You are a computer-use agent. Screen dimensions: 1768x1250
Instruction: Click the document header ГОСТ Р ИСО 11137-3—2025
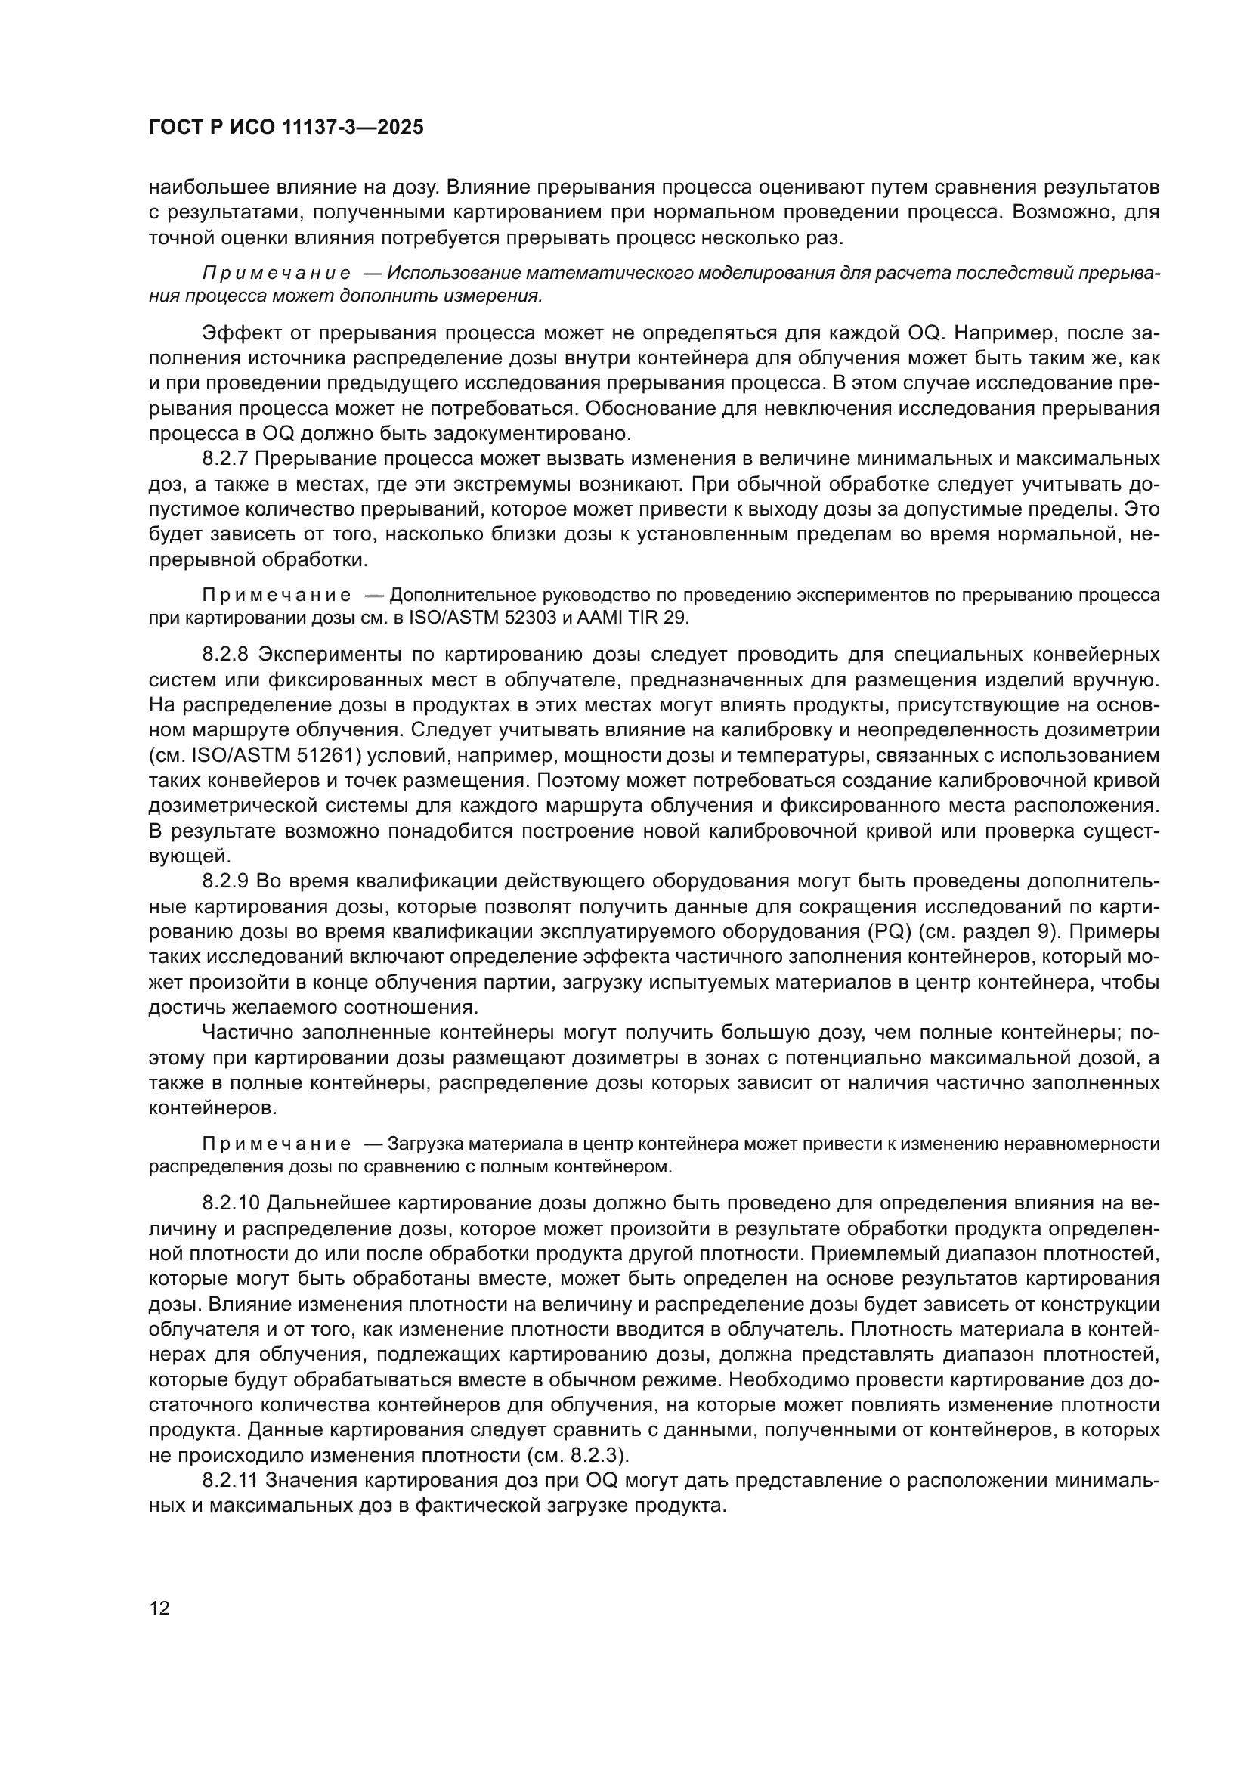[x=286, y=128]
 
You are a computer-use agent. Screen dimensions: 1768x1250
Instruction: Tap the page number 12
[x=159, y=1609]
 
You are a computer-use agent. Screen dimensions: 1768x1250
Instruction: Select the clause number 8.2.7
[x=224, y=459]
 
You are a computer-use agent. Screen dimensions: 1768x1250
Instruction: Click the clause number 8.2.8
[x=224, y=655]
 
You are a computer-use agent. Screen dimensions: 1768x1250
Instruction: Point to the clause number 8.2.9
[x=224, y=881]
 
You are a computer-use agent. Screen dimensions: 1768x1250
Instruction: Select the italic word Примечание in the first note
[x=277, y=274]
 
